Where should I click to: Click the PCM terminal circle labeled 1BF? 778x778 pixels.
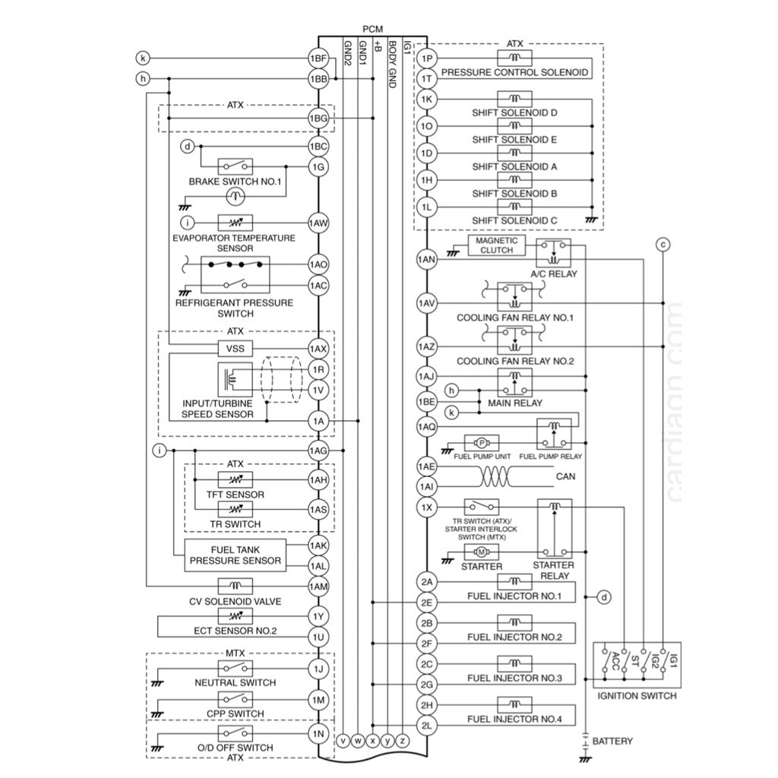coord(318,59)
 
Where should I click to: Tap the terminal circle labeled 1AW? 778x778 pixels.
coord(318,223)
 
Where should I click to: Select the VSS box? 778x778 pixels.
coord(236,349)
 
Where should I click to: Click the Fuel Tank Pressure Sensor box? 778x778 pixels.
coord(235,555)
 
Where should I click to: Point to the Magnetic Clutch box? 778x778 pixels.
coord(496,245)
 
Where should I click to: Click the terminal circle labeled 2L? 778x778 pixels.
coord(426,726)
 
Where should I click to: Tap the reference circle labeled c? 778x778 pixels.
coord(663,244)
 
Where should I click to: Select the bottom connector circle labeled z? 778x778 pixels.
coord(403,739)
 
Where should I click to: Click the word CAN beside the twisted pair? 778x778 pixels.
coord(566,477)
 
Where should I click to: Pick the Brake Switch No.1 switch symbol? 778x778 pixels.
coord(236,166)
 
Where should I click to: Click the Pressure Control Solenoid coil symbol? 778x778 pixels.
coord(514,59)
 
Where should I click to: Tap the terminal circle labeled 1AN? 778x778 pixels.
coord(426,260)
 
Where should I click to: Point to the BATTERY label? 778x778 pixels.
coord(612,741)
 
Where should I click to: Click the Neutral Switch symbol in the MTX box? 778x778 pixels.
coord(236,669)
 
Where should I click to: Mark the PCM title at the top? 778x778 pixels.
coord(372,28)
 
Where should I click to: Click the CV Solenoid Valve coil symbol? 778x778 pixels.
coord(236,586)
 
